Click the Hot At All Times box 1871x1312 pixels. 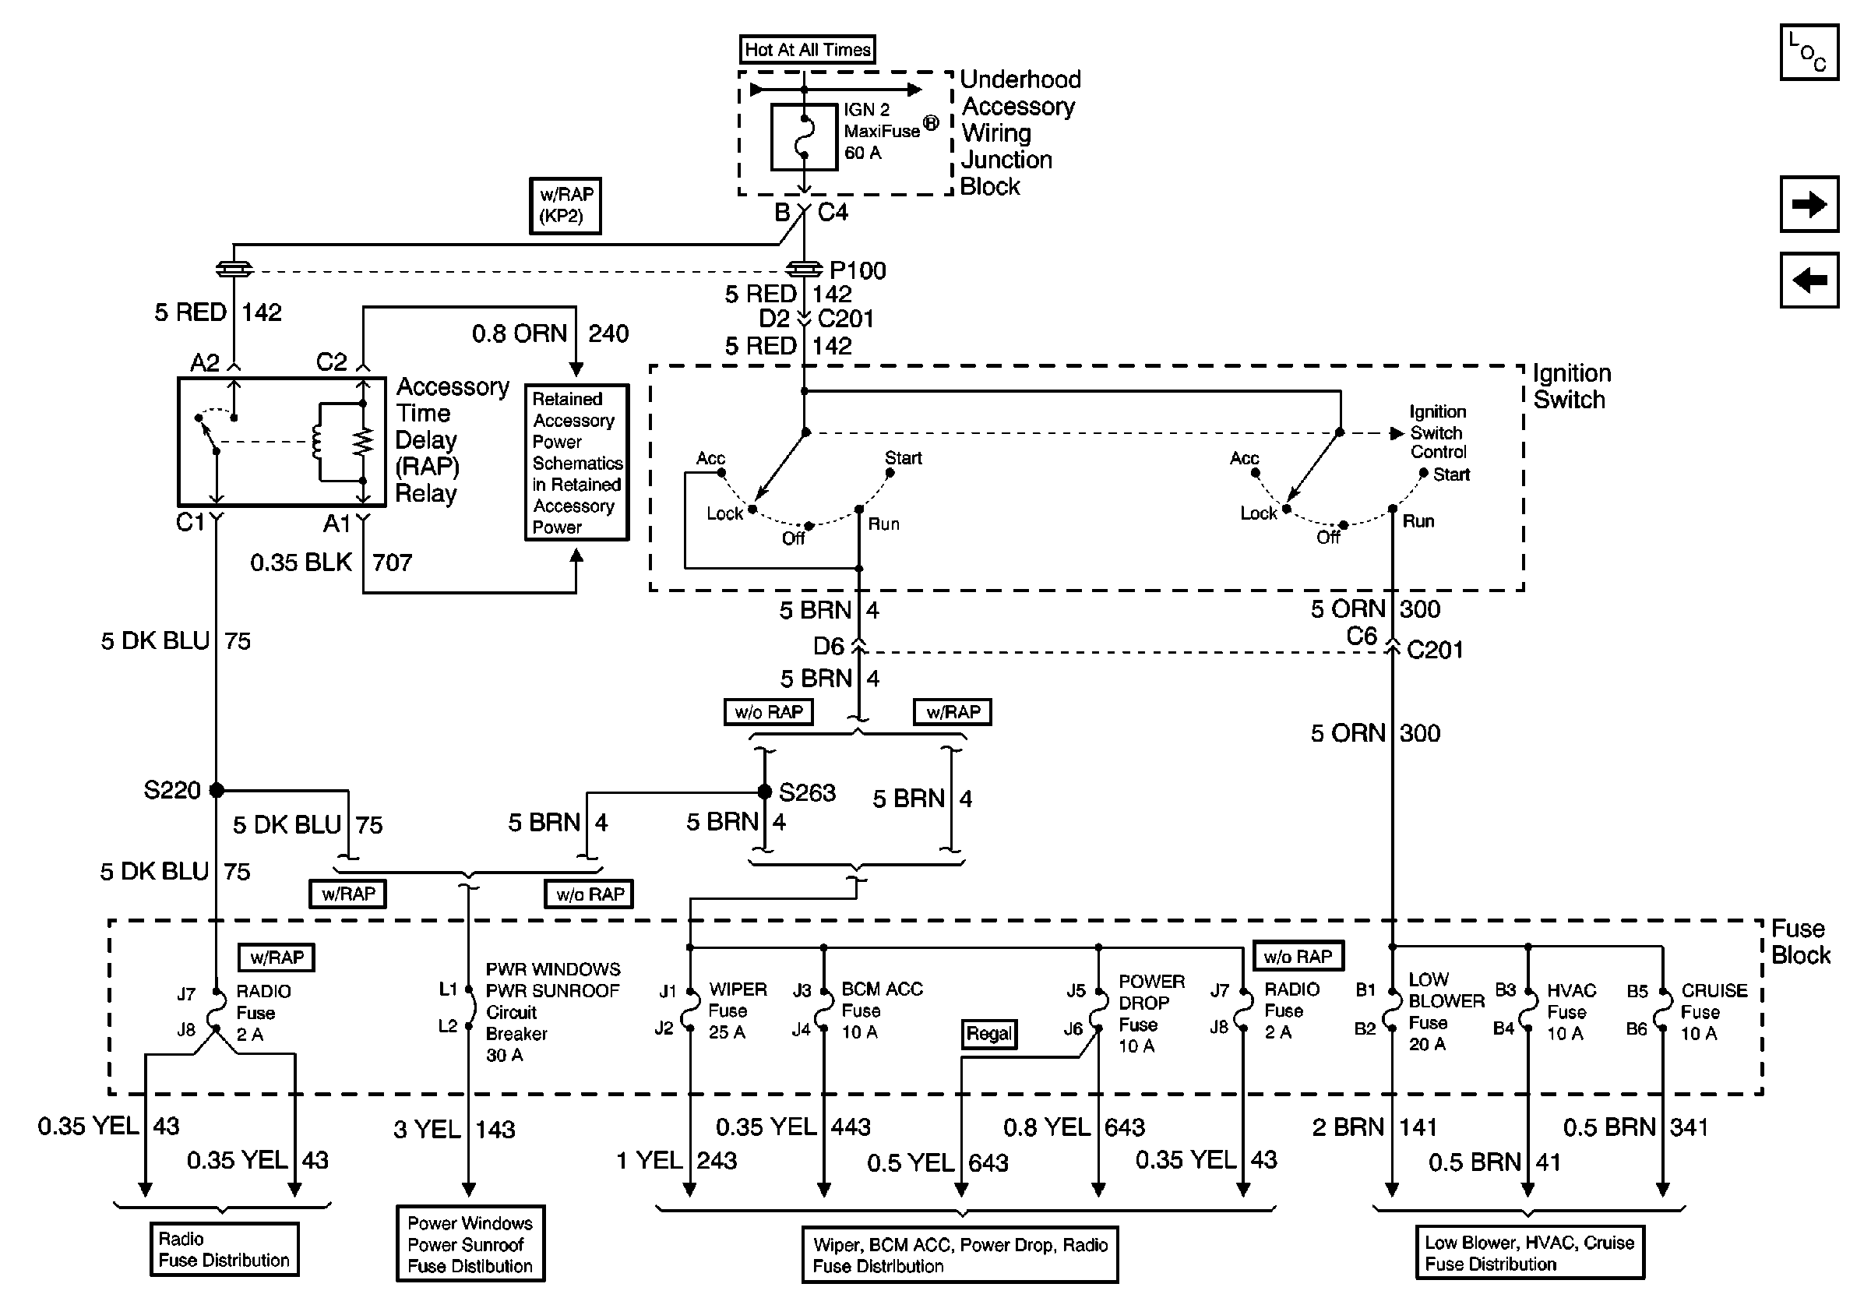(807, 50)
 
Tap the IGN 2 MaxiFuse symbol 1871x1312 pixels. (804, 137)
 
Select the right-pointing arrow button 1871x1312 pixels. (1809, 203)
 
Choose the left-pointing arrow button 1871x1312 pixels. (1809, 280)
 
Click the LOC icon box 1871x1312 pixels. (1809, 52)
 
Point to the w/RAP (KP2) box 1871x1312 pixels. (566, 206)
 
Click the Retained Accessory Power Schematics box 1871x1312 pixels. (576, 462)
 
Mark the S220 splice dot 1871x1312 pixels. (217, 790)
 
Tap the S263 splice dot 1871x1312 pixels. (764, 792)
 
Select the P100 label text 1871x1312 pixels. (858, 270)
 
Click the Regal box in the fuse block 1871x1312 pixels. (988, 1034)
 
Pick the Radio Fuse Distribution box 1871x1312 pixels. (224, 1249)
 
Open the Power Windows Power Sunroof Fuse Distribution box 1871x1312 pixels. (470, 1244)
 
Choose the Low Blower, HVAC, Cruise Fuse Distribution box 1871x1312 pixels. (1530, 1254)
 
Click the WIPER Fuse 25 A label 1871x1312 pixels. (738, 1010)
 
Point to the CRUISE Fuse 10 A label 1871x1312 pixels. (1714, 1011)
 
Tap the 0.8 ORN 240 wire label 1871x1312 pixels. (550, 334)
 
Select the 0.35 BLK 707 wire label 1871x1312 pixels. (331, 563)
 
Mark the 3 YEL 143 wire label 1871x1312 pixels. (454, 1130)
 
